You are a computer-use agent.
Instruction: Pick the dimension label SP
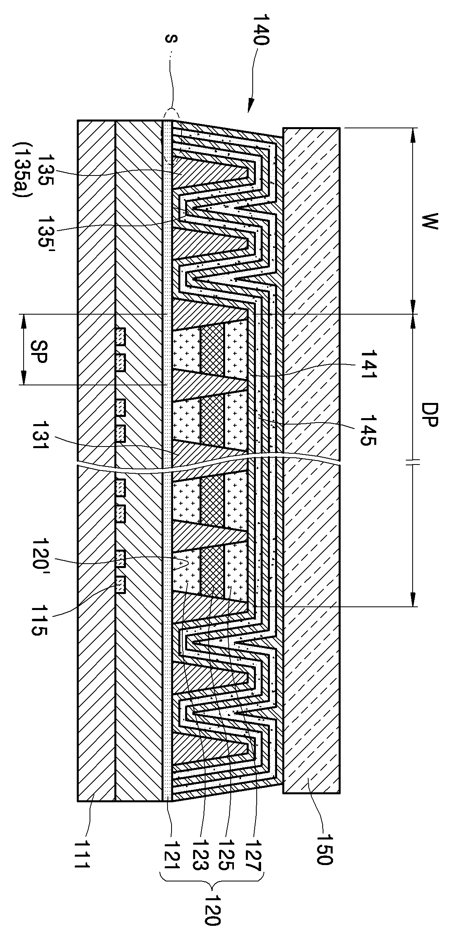point(40,350)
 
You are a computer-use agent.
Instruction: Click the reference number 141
point(369,364)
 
